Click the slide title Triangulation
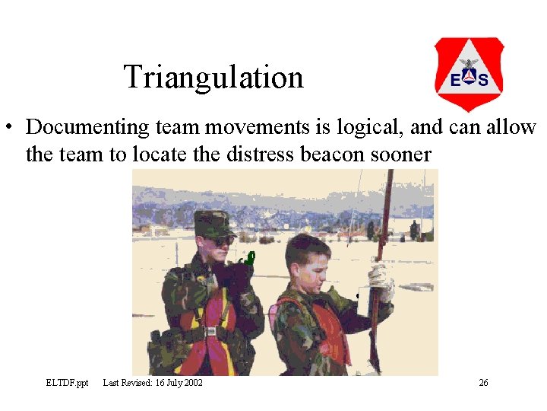(213, 77)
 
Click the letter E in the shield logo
(454, 80)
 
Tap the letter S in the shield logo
(483, 80)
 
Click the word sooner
(403, 155)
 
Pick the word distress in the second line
(262, 155)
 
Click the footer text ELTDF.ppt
(67, 382)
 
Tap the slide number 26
(483, 382)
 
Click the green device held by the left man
(248, 262)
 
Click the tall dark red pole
(384, 221)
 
